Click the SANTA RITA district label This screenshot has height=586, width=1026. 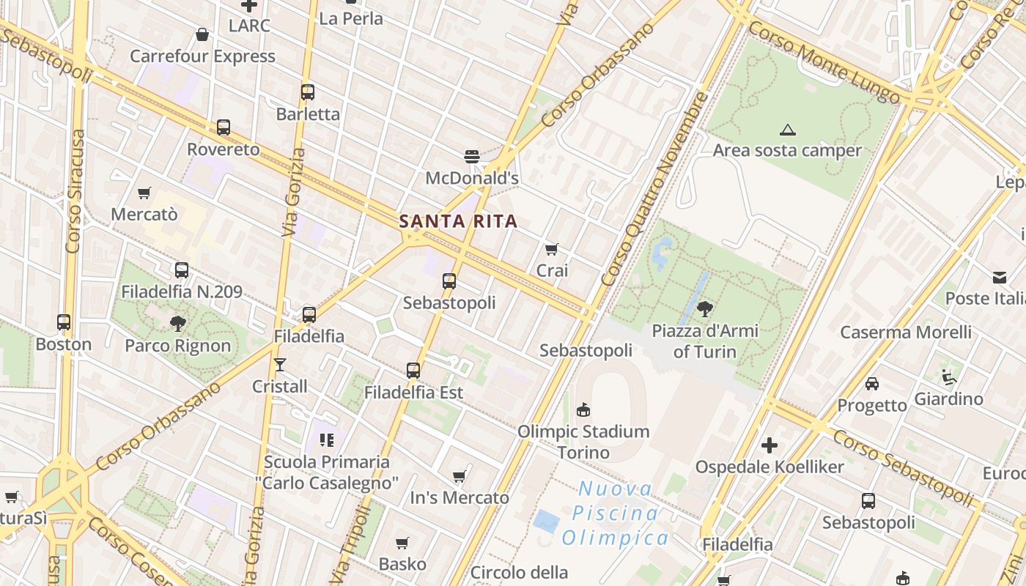458,221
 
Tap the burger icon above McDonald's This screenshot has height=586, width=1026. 472,156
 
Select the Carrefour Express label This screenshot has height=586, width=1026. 202,56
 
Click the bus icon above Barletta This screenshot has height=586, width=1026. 308,92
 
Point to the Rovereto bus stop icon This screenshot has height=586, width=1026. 224,127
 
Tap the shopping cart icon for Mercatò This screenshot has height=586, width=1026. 144,193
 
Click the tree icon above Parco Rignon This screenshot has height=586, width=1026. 177,323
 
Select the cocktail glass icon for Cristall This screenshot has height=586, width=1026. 280,364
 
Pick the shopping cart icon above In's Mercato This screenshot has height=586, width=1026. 460,477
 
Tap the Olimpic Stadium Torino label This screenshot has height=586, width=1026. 583,442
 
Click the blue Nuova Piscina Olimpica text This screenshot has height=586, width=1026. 615,513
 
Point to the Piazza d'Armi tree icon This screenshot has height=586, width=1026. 705,308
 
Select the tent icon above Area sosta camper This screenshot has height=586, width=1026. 788,130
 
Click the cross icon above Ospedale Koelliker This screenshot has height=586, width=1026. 769,445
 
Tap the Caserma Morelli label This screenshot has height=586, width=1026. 906,332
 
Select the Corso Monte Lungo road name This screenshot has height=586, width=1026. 824,62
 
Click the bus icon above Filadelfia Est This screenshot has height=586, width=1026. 413,371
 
